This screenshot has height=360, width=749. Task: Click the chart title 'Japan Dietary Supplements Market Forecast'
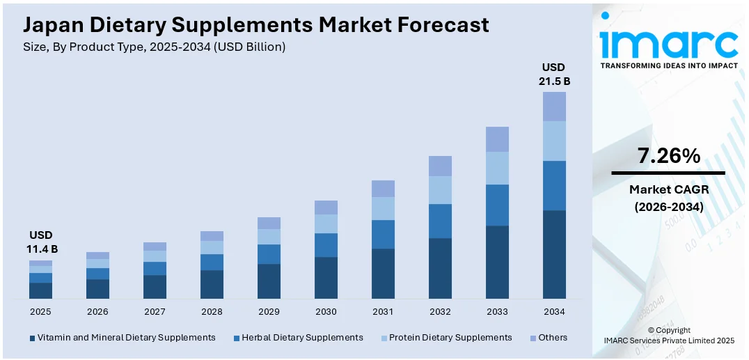pos(255,26)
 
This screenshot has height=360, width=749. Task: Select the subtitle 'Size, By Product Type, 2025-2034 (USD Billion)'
pos(155,47)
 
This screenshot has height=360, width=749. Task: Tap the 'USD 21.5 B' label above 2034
pos(554,74)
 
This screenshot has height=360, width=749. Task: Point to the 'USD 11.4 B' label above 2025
pos(40,242)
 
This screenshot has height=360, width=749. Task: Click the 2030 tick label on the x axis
pos(326,311)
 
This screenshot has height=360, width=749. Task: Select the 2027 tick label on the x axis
pos(155,311)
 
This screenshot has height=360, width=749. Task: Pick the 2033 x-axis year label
pos(497,311)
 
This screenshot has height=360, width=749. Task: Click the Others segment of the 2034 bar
pos(554,107)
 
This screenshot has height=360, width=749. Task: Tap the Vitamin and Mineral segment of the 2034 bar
pos(554,254)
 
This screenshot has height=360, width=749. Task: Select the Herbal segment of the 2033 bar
pos(497,205)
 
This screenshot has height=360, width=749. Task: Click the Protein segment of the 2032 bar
pos(440,189)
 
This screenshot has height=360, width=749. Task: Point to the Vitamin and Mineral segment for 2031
pos(383,274)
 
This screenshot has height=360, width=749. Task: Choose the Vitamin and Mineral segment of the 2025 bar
pos(40,291)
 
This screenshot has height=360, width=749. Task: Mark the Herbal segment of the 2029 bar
pos(269,254)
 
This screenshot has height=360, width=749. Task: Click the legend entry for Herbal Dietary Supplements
pos(302,338)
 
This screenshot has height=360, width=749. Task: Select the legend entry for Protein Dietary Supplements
pos(450,338)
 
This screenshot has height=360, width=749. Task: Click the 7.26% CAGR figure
pos(668,156)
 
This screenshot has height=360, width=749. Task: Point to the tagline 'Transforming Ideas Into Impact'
pos(668,65)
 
